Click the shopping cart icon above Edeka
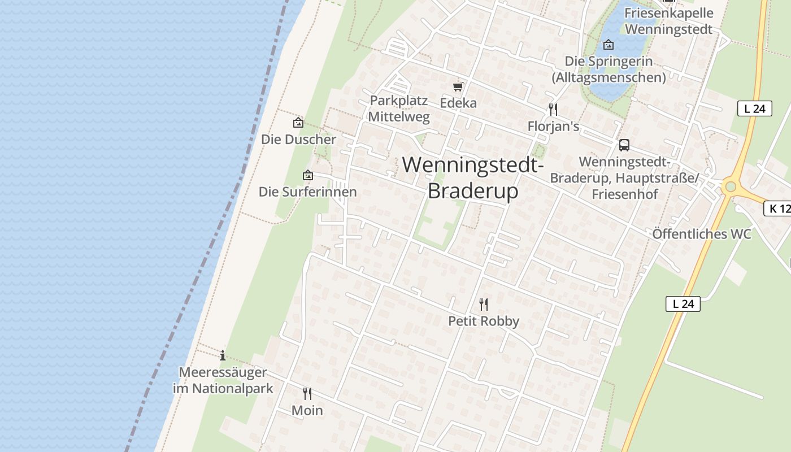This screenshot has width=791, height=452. coord(458,86)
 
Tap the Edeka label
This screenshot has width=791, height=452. coord(458,103)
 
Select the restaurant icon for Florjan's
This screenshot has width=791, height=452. coord(553,110)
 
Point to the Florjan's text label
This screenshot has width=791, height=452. coord(553,126)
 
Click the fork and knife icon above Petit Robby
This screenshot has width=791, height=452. coord(484,305)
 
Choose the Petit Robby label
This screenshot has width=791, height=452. coord(484,321)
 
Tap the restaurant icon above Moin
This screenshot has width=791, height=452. coord(307,393)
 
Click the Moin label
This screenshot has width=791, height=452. coord(307,410)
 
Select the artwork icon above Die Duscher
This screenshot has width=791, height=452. coord(298,123)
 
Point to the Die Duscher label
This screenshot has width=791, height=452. coord(298,139)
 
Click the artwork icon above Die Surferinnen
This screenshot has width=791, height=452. coord(308,175)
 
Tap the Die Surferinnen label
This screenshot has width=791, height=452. coord(308,192)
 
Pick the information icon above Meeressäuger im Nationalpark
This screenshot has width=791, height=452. coord(223,355)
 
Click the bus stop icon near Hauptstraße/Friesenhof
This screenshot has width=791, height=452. coord(624,145)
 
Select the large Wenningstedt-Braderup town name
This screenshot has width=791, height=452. coord(473,177)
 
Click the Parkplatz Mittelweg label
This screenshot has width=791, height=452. coord(399,109)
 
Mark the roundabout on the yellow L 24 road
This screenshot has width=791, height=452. coord(730,186)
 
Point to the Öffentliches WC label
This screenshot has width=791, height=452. coord(702,234)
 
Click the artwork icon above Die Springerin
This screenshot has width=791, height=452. coord(609,45)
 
